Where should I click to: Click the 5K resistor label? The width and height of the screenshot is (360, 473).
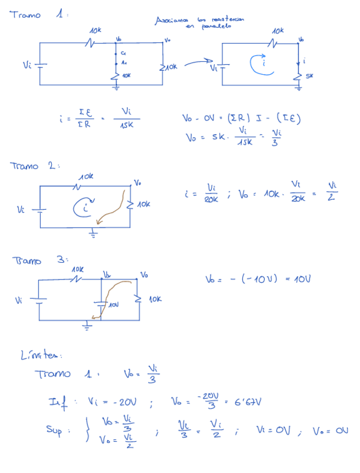click(310, 76)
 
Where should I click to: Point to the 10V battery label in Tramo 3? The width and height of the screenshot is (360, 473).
click(113, 306)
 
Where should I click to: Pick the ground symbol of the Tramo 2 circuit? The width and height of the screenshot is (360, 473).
click(93, 234)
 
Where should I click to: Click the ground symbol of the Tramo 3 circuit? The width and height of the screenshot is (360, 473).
click(86, 327)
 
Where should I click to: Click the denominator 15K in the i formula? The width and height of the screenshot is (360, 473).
click(126, 125)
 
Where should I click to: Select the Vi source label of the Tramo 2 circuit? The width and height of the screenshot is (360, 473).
click(21, 210)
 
